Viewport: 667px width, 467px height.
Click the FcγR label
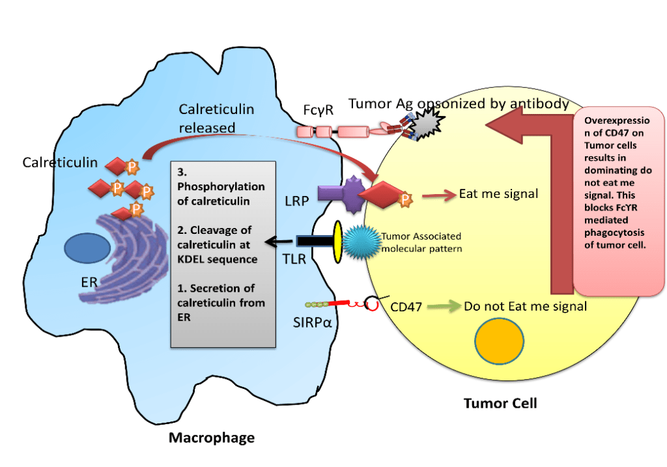tap(318, 110)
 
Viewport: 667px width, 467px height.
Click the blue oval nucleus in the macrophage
tap(88, 251)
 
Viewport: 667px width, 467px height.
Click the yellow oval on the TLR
tap(338, 242)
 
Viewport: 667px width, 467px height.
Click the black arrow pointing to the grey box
tap(281, 242)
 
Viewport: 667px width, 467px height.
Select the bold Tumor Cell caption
tap(500, 403)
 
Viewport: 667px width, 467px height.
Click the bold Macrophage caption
tap(211, 437)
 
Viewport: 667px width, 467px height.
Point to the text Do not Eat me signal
tap(526, 305)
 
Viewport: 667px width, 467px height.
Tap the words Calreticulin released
tap(216, 119)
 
